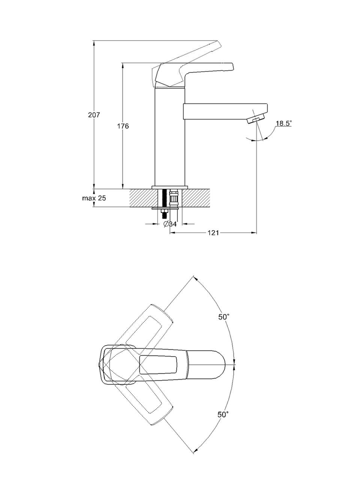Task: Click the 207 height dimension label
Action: (x=94, y=115)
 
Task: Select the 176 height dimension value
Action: (x=123, y=126)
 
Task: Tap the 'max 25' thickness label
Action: (x=94, y=198)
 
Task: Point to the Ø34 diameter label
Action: (x=170, y=224)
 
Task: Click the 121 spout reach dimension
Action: (x=213, y=233)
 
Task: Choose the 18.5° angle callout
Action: (x=283, y=123)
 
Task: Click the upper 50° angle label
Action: (x=224, y=317)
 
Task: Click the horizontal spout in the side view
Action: (x=225, y=111)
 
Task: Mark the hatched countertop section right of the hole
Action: (x=195, y=198)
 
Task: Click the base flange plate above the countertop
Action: (x=170, y=187)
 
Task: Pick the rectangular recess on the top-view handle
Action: (x=158, y=364)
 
